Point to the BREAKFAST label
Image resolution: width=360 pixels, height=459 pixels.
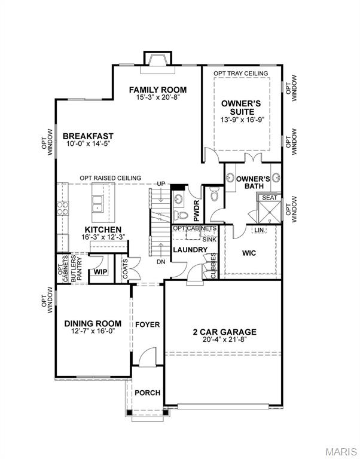click(x=88, y=136)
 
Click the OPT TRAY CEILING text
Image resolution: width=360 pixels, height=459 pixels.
click(x=242, y=74)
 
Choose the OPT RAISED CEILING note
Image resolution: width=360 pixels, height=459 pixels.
click(x=111, y=178)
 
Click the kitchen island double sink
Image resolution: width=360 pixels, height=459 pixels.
click(x=97, y=209)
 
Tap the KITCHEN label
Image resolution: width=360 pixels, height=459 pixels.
click(x=103, y=229)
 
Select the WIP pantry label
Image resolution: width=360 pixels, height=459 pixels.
click(x=99, y=273)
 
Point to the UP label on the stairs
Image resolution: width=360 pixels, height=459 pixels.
click(x=160, y=183)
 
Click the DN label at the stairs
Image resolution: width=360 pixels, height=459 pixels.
click(x=160, y=261)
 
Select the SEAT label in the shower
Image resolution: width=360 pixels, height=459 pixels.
click(x=269, y=197)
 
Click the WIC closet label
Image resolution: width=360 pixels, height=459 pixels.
click(x=249, y=253)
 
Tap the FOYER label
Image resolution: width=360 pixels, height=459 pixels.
click(x=147, y=325)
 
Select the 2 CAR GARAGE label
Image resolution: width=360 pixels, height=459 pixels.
click(x=225, y=332)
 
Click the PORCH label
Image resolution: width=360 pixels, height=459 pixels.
click(x=147, y=393)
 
